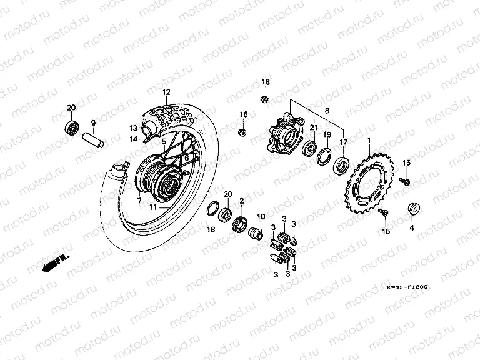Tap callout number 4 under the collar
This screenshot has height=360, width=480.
click(x=412, y=229)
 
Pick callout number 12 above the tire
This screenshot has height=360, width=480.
click(x=167, y=92)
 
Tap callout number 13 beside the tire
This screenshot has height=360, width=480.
click(x=133, y=128)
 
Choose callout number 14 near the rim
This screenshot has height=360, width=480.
click(x=134, y=139)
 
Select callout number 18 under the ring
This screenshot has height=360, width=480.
click(x=211, y=231)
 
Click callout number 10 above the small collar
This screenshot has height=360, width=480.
click(x=261, y=216)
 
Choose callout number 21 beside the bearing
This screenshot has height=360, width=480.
click(x=311, y=128)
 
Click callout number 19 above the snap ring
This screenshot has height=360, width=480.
click(x=326, y=134)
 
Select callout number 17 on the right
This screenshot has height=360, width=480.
click(x=342, y=142)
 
